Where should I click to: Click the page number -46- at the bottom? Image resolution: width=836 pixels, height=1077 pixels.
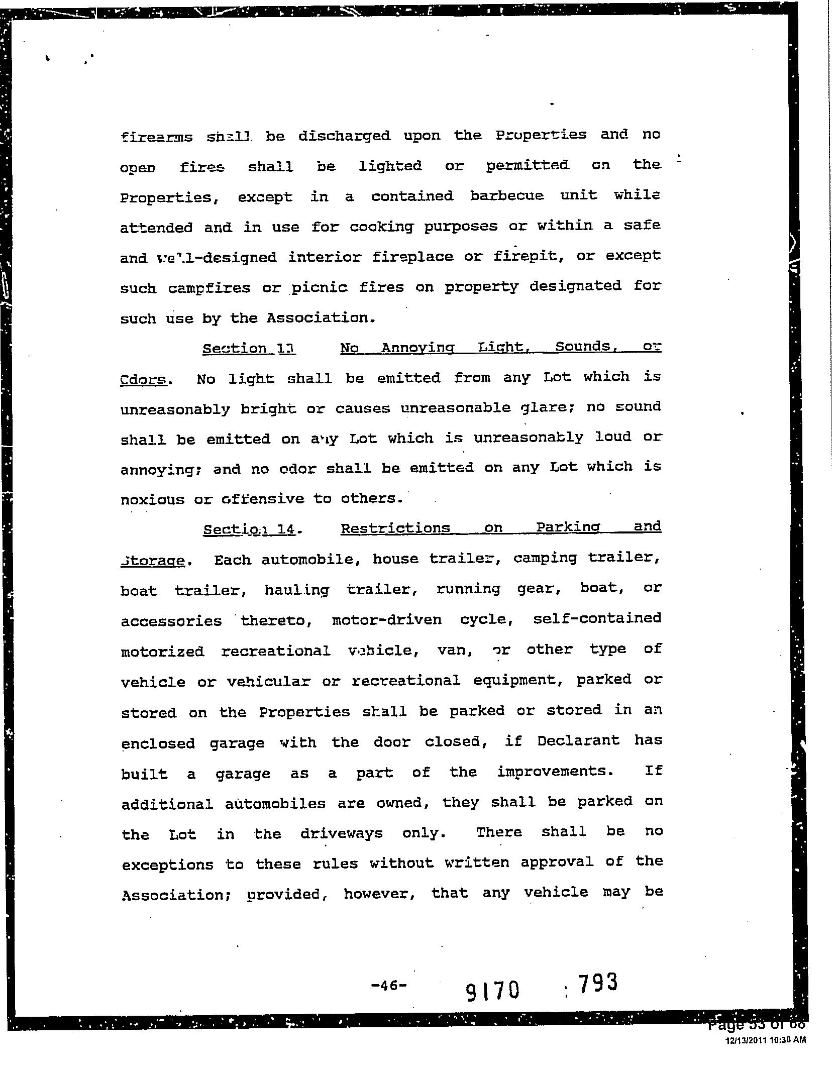point(388,985)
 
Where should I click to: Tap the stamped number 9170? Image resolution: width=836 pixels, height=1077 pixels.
point(492,991)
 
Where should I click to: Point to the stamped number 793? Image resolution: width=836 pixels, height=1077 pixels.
point(597,983)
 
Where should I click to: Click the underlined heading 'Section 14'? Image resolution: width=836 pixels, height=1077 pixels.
point(249,529)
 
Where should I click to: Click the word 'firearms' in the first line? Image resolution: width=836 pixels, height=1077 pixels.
point(156,137)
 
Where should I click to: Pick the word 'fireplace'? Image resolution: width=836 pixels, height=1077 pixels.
point(411,257)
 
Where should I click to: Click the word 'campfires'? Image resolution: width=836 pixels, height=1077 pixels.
point(209,288)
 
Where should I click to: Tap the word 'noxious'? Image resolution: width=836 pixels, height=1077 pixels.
point(153,499)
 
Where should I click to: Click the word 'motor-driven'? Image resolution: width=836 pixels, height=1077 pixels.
point(387,620)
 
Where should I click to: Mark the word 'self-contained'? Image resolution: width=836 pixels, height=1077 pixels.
point(597,618)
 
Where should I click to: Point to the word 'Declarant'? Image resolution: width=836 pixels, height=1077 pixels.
point(578,741)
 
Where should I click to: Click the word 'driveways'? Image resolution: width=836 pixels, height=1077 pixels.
point(342,833)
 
